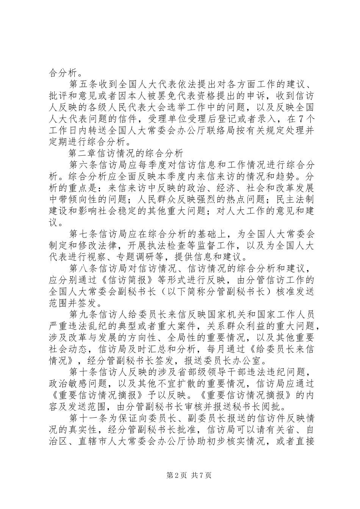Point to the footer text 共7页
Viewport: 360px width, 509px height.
click(x=201, y=486)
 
